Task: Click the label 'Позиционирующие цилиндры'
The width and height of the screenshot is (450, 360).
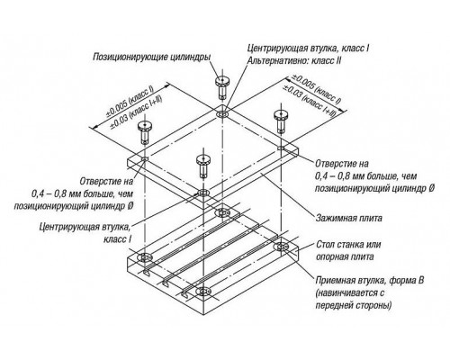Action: coord(151,58)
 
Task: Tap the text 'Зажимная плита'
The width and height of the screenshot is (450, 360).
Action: coord(348,218)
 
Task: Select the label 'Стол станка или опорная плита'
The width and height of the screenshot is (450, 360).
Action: coord(348,250)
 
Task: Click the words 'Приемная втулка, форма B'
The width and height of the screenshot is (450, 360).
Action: coord(370,281)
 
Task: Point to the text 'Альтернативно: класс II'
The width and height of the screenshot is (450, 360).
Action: coord(294,60)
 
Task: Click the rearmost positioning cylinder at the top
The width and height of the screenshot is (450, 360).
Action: coord(221,87)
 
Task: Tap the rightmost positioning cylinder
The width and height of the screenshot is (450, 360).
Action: coord(280,121)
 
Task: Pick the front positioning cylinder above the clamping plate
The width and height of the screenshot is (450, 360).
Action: coord(203,166)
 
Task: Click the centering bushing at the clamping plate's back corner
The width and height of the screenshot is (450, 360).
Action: coord(222,114)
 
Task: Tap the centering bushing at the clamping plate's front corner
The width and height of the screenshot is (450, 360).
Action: coord(203,193)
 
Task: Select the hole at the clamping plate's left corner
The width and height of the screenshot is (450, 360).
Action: coord(145,158)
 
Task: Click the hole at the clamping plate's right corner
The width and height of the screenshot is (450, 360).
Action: coord(281,148)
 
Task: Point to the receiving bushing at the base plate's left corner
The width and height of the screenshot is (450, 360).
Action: coord(144,258)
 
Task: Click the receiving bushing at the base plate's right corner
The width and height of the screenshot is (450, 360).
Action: coord(281,247)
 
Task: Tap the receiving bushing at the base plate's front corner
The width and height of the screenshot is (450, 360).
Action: coord(203,292)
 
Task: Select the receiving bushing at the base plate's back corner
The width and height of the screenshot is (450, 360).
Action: coord(222,212)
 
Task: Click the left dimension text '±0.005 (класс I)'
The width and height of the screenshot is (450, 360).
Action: coord(130,102)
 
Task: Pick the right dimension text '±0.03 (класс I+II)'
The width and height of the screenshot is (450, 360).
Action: coord(309,101)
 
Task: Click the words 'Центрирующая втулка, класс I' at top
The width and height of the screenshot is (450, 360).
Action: coord(308,48)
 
